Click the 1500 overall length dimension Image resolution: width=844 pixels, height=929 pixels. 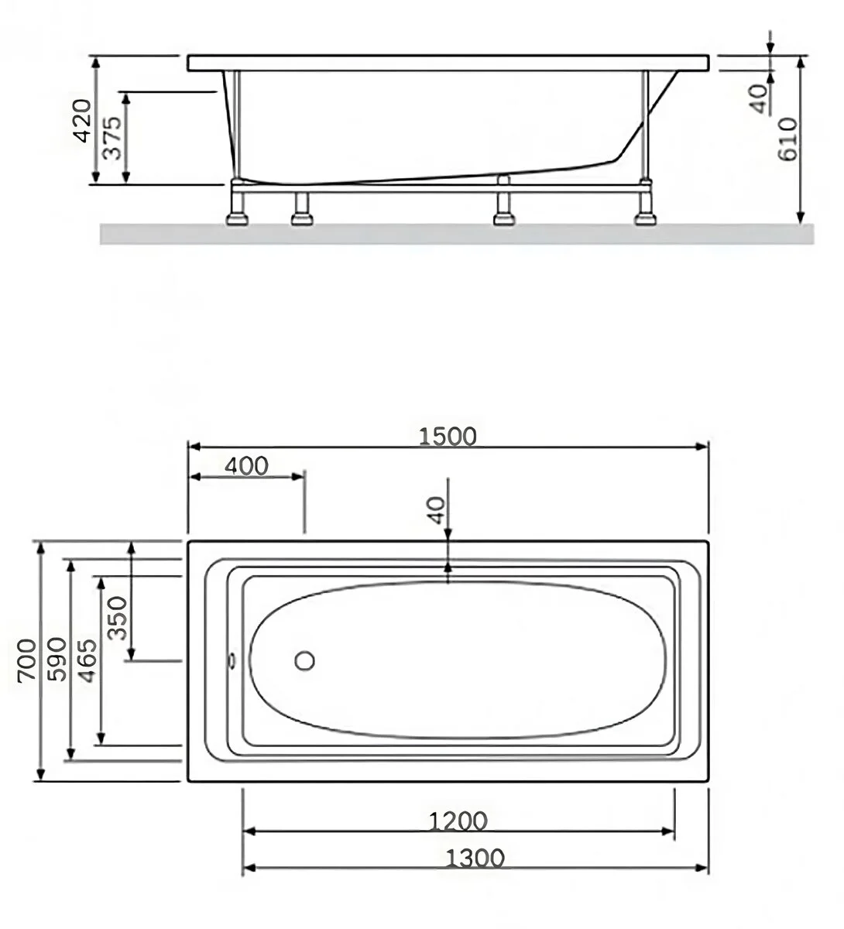point(448,437)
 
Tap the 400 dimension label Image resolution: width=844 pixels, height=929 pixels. point(246,466)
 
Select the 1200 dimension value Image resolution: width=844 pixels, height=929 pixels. point(458,821)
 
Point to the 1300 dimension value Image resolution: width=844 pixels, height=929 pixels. point(475,858)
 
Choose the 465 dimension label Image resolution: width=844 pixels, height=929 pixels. point(87,660)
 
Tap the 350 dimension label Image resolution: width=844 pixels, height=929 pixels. point(117,618)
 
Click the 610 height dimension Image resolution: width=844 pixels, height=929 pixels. point(788,139)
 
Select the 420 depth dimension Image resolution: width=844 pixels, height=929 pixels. point(83,121)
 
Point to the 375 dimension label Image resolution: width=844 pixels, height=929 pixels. point(112,138)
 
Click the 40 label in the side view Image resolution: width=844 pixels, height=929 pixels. point(758,98)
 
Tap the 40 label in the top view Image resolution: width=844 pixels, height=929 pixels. point(436,510)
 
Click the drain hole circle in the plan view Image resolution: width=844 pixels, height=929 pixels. point(304,660)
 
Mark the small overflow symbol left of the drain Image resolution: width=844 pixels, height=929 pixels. point(232,661)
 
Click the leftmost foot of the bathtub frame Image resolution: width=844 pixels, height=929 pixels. point(237,218)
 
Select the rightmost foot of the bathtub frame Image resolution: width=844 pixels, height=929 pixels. point(645,218)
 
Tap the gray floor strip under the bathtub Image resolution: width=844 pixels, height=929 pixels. point(457,234)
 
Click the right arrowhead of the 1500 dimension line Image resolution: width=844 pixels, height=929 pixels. point(702,447)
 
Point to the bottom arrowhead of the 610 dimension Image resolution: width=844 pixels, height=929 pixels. point(801,218)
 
